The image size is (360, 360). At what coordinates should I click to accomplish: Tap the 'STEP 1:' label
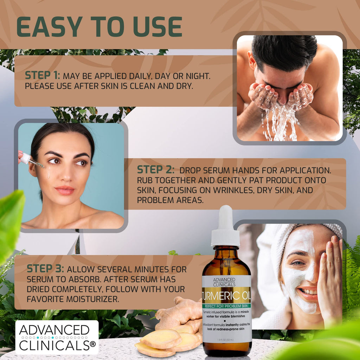pos(42,76)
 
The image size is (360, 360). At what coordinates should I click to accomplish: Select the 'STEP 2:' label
pos(155,170)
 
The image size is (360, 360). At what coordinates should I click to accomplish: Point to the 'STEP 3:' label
pos(45,269)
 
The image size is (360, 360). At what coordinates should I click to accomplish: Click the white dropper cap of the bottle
pos(225,226)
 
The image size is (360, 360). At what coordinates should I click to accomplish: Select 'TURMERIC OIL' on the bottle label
pos(226,296)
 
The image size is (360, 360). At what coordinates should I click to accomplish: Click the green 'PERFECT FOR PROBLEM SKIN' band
pos(226,306)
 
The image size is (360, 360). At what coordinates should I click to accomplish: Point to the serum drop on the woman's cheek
pos(49,173)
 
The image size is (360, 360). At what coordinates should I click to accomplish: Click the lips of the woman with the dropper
pos(65,190)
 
